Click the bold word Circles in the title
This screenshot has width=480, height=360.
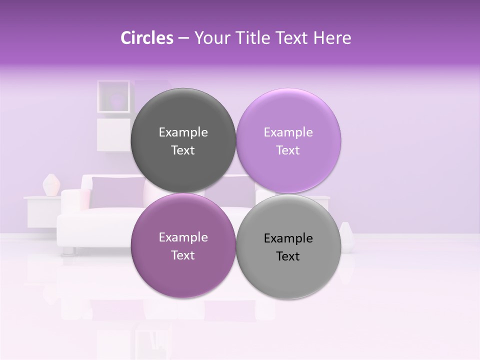coord(146,38)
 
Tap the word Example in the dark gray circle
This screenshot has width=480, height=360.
coord(183,132)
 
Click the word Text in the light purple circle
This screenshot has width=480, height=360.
coord(287,150)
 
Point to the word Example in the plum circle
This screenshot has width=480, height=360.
coord(183,237)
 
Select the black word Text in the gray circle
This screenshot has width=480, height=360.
coord(287,256)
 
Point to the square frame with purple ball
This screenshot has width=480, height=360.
coord(114,96)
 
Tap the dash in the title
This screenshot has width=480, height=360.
coord(183,38)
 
